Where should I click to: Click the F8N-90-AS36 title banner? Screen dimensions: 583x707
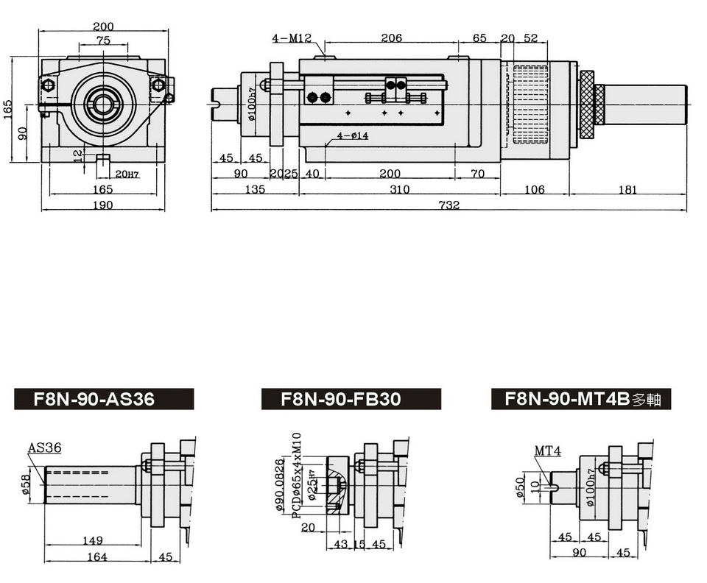(x=104, y=399)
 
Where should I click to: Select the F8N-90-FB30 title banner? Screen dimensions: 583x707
(x=351, y=399)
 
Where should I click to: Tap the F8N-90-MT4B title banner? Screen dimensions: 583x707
(x=582, y=399)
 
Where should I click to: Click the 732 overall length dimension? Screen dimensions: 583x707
(x=449, y=205)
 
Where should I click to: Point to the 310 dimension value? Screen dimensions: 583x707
(x=399, y=190)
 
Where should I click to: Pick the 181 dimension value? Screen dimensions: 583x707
(x=627, y=190)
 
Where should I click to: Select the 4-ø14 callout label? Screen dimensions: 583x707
(x=353, y=135)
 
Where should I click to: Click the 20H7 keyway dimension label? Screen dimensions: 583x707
(x=127, y=174)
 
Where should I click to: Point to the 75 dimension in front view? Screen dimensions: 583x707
(x=103, y=41)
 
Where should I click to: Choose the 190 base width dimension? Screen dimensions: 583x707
(x=103, y=205)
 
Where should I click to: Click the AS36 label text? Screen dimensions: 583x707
(x=44, y=447)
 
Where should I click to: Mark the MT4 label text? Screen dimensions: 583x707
(x=548, y=451)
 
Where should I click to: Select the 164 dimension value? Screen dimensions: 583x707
(x=96, y=557)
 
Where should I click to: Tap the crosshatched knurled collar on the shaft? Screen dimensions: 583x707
(x=588, y=105)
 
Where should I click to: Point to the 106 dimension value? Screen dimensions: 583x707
(x=534, y=190)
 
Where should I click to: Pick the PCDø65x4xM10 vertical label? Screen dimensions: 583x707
(x=297, y=479)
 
